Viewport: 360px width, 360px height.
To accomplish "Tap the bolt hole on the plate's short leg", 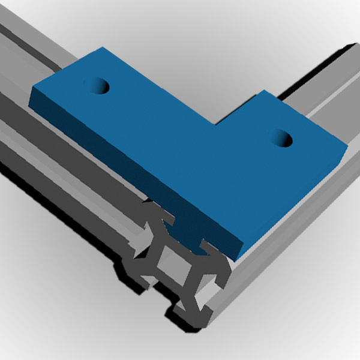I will tap(281, 139).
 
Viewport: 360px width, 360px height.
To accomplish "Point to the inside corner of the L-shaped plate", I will tap(217, 124).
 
